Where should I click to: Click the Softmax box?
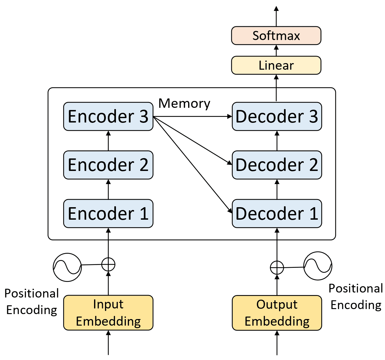276,36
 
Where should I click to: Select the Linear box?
276,65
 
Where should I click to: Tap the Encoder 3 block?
108,116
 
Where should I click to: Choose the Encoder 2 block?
108,165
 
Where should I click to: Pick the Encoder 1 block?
108,213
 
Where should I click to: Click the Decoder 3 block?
277,116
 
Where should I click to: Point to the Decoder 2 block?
277,165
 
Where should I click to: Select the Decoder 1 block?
277,213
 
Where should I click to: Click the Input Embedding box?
108,313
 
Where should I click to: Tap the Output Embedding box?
277,313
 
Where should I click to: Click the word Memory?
184,103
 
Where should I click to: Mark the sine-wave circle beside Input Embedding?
67,267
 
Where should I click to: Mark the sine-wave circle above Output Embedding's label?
318,266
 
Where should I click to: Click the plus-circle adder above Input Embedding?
108,264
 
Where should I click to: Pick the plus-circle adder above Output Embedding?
277,268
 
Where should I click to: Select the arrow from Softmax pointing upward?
276,16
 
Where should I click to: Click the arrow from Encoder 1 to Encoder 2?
108,189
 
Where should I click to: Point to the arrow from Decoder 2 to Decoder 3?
277,141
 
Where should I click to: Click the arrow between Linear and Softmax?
276,50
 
